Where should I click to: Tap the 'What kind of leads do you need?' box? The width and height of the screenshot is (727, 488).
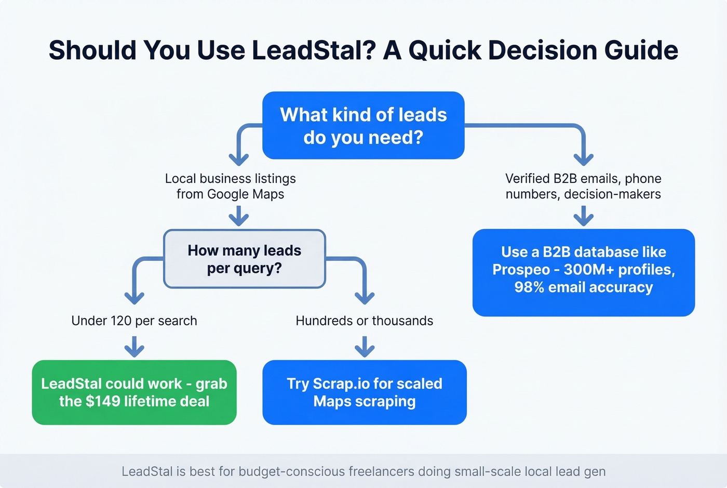pos(363,125)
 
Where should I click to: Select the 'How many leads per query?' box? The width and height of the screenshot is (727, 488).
pos(244,259)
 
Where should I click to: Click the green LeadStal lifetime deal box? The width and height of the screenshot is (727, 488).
pos(134,392)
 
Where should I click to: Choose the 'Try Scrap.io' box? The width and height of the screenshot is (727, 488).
pos(365,392)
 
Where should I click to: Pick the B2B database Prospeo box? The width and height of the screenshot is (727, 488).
pos(583,272)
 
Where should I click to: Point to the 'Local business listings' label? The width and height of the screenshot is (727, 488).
pos(230,179)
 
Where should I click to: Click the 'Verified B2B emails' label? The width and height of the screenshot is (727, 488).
pos(583,179)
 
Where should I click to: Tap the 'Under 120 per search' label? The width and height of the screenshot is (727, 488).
pos(134,321)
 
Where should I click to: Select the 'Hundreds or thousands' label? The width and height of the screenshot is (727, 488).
pos(364,321)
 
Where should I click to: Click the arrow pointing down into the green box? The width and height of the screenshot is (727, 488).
pos(134,346)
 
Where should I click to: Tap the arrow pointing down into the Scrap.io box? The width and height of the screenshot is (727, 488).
pos(365,346)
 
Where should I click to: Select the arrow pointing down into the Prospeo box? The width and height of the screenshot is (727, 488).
pos(584,215)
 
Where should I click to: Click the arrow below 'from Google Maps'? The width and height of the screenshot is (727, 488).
pos(239,215)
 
